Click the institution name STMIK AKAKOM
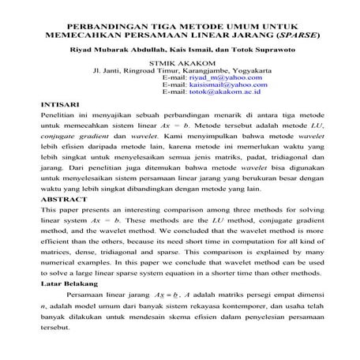[x=180, y=63]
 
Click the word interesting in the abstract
[x=158, y=212]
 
